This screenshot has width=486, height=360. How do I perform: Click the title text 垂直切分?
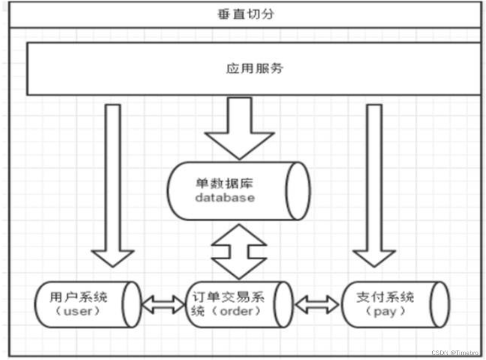(x=246, y=14)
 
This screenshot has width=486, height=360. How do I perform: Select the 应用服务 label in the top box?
(x=254, y=68)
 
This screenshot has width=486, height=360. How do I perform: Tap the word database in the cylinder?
(x=224, y=197)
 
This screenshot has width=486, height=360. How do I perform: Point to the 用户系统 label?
(x=79, y=298)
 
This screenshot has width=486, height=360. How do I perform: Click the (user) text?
(x=79, y=312)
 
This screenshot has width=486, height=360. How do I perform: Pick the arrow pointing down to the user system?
(x=114, y=184)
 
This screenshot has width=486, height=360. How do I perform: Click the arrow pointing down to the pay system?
(x=374, y=184)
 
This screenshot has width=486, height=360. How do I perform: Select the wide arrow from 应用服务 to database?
(x=240, y=127)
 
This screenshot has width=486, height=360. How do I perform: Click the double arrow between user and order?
(x=163, y=304)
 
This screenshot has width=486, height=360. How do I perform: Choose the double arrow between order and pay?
(x=317, y=304)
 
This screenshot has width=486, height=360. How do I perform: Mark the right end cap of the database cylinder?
(x=299, y=190)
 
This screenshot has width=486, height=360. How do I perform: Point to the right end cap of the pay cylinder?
(x=440, y=305)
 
